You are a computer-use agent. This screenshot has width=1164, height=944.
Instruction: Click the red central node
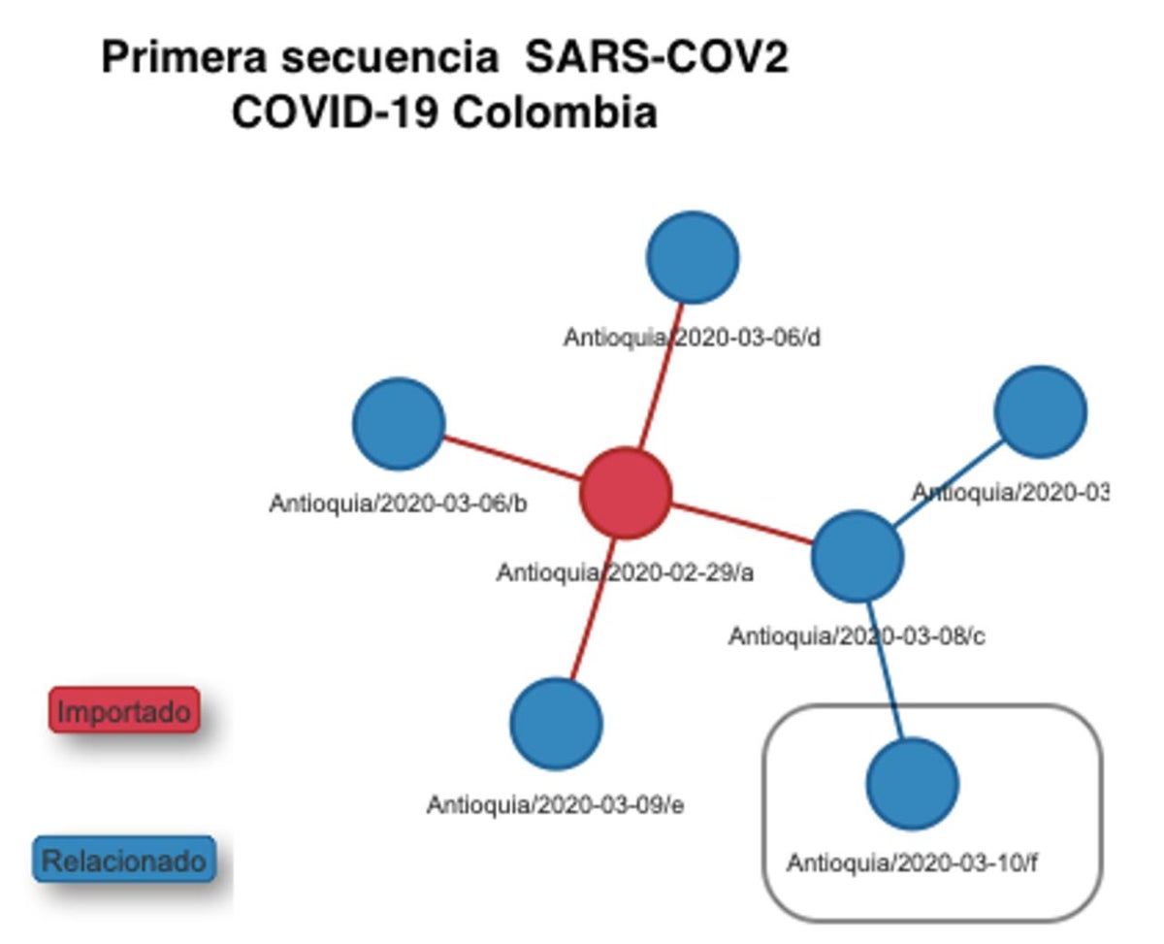click(626, 493)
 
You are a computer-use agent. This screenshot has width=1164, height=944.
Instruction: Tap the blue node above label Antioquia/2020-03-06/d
click(693, 257)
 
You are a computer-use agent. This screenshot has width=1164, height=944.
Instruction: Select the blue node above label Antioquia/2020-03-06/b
click(399, 424)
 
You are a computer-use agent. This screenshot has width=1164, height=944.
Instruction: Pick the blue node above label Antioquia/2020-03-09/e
click(556, 724)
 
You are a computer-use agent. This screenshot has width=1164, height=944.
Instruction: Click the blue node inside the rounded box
click(912, 784)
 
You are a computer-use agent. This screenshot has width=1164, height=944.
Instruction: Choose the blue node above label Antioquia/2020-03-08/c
click(857, 556)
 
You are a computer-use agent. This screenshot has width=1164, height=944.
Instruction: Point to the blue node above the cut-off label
click(1040, 411)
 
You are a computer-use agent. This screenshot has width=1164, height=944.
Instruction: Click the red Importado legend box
click(124, 711)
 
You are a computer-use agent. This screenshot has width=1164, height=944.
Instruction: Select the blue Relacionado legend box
click(124, 861)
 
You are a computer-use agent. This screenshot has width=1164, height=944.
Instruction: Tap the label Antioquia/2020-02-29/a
click(625, 573)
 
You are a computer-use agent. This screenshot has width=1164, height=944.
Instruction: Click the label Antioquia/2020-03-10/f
click(912, 863)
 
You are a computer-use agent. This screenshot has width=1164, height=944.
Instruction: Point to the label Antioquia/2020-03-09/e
click(555, 805)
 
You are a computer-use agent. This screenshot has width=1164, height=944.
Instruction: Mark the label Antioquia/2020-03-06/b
click(399, 505)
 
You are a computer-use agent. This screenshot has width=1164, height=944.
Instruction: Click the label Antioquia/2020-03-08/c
click(857, 637)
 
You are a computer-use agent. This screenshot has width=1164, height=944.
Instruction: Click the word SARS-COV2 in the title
click(656, 58)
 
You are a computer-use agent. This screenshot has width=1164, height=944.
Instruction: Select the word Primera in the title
click(183, 58)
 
